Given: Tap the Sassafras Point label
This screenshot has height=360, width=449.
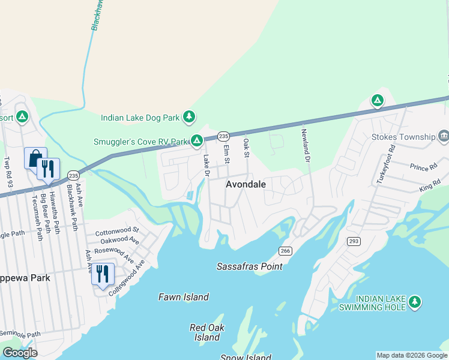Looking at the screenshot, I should [249, 266].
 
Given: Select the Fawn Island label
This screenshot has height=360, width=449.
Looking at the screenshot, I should [183, 297].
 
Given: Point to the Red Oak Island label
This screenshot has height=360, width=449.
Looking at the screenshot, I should [206, 332].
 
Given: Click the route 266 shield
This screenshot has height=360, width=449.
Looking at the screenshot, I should [285, 250].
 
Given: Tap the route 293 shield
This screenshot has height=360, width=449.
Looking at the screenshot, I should [353, 241].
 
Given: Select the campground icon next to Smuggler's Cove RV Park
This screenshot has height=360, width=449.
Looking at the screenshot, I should [196, 141].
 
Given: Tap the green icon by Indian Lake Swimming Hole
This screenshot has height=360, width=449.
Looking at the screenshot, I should [415, 302].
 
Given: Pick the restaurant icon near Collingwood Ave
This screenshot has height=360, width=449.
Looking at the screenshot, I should [103, 275].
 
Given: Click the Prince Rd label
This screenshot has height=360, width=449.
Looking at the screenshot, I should [423, 167].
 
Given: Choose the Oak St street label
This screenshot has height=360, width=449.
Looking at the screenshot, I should [246, 148].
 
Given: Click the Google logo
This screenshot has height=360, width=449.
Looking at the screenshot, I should [20, 353].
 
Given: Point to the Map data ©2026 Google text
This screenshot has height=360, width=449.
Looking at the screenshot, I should [411, 355].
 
